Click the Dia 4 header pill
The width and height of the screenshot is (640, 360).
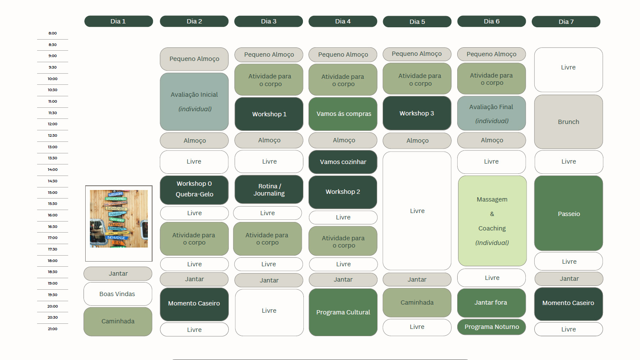(343, 21)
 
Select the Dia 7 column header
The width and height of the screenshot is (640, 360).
(566, 22)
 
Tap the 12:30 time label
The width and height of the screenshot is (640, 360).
(52, 135)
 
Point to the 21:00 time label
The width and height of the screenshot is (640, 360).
(52, 329)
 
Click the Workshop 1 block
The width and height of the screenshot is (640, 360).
(269, 114)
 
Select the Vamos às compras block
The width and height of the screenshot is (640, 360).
(343, 114)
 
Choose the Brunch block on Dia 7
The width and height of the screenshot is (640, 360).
(568, 122)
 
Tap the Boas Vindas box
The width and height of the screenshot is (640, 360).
(118, 294)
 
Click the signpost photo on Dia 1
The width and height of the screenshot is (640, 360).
(119, 219)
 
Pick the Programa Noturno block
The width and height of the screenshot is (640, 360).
(491, 327)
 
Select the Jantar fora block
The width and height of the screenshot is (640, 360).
(491, 302)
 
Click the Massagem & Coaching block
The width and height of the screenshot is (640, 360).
(492, 221)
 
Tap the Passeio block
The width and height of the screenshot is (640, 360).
(568, 213)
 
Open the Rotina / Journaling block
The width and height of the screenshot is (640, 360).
(269, 190)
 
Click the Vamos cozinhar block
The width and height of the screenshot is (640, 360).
(343, 162)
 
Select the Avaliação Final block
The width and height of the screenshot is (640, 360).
(491, 113)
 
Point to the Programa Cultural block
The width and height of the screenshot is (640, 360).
(343, 312)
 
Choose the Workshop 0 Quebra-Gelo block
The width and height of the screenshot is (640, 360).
(194, 189)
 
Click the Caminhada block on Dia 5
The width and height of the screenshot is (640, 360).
(417, 302)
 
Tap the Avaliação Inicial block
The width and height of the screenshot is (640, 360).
(194, 101)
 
